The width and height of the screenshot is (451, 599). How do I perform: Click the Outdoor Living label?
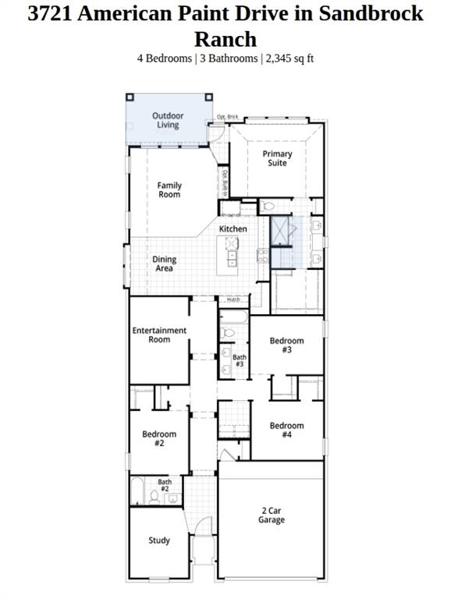pyautogui.click(x=168, y=120)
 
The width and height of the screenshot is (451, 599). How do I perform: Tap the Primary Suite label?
pyautogui.click(x=277, y=158)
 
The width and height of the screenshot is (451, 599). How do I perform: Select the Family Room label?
pyautogui.click(x=169, y=190)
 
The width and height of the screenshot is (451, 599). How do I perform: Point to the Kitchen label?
pyautogui.click(x=233, y=229)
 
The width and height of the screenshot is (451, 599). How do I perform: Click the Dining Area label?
pyautogui.click(x=164, y=264)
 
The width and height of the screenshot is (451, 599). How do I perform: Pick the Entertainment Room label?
pyautogui.click(x=159, y=335)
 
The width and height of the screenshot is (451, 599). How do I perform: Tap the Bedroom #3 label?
pyautogui.click(x=286, y=345)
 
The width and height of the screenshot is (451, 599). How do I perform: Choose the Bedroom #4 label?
pyautogui.click(x=286, y=430)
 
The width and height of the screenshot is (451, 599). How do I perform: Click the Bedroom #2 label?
pyautogui.click(x=159, y=438)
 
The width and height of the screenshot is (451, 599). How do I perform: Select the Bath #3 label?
pyautogui.click(x=240, y=360)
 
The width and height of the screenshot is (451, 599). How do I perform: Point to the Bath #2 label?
pyautogui.click(x=165, y=485)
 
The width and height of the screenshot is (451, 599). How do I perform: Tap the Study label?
pyautogui.click(x=159, y=541)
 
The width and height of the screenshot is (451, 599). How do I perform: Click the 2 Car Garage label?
pyautogui.click(x=272, y=516)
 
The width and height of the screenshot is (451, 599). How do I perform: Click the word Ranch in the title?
pyautogui.click(x=225, y=38)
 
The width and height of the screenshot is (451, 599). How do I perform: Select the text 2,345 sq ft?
pyautogui.click(x=289, y=58)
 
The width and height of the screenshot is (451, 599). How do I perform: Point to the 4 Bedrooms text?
pyautogui.click(x=163, y=58)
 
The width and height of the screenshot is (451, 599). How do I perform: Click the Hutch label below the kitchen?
pyautogui.click(x=233, y=299)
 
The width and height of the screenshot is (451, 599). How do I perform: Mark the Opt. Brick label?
pyautogui.click(x=227, y=118)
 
